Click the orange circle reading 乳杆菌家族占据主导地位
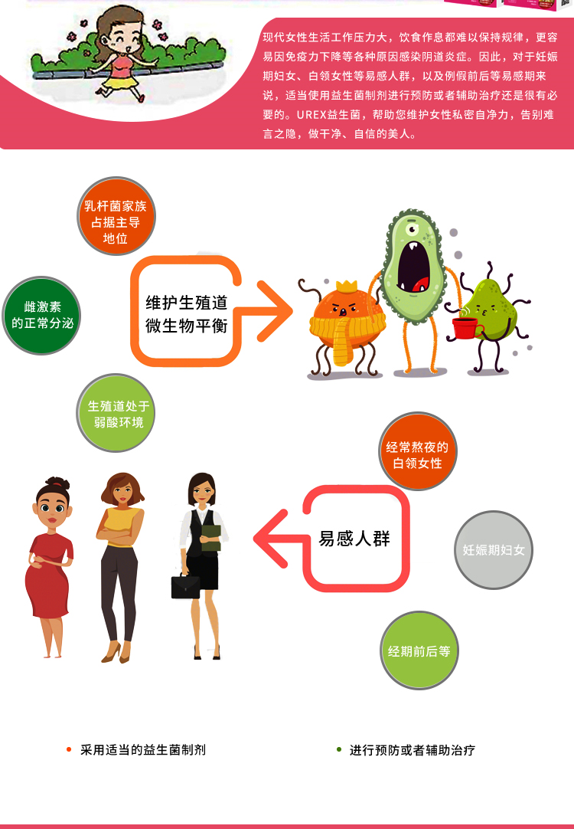click(116, 217)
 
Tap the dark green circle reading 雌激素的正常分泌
click(42, 316)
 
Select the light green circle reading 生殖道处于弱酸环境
click(116, 414)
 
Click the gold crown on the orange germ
click(347, 287)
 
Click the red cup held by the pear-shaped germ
click(465, 328)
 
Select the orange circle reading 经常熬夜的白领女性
click(418, 452)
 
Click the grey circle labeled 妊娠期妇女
click(494, 549)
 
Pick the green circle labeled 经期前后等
click(419, 650)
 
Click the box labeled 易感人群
click(354, 539)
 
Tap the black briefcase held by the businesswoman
click(185, 586)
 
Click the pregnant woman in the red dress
click(50, 567)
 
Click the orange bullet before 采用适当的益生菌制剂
click(69, 749)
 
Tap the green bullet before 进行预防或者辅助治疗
click(339, 749)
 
